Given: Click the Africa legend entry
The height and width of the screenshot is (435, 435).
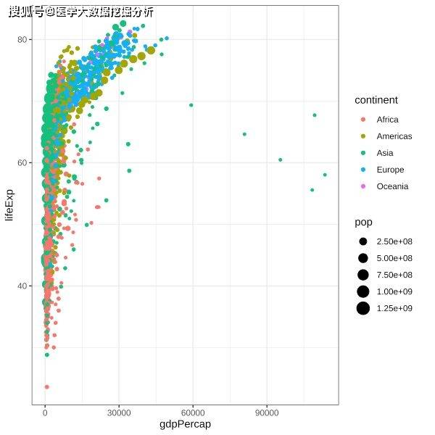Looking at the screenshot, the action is point(387,120).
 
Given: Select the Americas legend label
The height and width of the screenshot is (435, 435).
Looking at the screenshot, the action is point(394,136).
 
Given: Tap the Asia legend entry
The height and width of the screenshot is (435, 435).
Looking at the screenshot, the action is point(385,153).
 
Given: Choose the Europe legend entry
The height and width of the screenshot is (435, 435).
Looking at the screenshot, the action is point(390,170).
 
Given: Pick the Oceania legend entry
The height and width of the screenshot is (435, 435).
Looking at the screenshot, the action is point(392,186).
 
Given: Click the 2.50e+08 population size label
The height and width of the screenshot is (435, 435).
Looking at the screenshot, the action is point(394,241).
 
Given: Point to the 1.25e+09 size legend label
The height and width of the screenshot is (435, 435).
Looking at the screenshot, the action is point(394,308).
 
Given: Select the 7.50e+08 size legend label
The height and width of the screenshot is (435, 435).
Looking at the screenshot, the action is point(394,275).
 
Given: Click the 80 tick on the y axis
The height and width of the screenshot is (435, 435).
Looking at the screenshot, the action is point(22,39).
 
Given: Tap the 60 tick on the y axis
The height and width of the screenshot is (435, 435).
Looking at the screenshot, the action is point(22,162).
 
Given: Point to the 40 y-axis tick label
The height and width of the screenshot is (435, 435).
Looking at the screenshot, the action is point(22,286).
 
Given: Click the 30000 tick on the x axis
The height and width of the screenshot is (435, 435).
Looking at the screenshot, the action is point(119,413).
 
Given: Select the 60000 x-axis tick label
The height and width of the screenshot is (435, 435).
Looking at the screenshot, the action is point(193,413).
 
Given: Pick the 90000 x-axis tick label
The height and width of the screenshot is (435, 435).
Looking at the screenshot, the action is point(267,413).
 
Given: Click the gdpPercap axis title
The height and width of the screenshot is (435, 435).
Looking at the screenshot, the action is point(185,424).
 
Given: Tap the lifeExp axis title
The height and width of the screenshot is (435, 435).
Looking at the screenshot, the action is point(9,205).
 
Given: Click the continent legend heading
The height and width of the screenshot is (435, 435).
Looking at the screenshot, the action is point(376,100).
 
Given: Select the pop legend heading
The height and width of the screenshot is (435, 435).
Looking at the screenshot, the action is point(363,223).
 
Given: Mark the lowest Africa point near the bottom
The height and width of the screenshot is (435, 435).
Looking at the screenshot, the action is point(47,386).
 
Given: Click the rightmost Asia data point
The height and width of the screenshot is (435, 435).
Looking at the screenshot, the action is point(325,175).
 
